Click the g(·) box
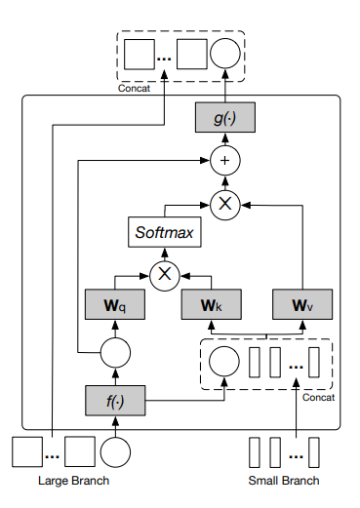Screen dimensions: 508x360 coord(225,120)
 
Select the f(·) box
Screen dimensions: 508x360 coord(115,399)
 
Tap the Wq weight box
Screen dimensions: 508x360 coord(115,303)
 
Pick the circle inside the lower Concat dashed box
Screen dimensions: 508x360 coord(223,360)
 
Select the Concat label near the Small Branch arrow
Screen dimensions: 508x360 coord(319,397)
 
